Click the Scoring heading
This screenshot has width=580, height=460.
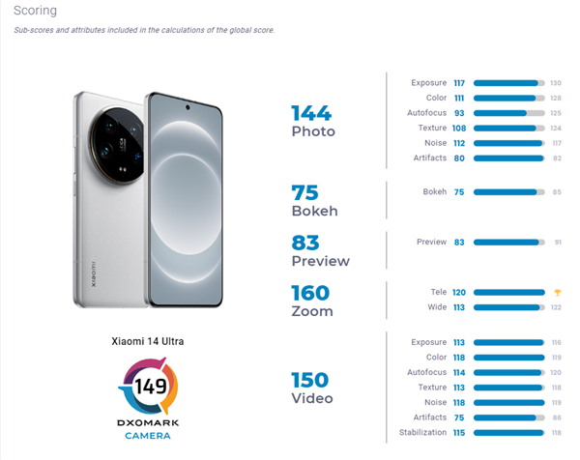pos(35,11)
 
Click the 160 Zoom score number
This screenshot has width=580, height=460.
pos(310,293)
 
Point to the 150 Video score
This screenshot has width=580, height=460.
pos(310,380)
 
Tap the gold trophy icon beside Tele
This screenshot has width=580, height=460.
pos(556,292)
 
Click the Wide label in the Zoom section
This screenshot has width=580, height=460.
pos(437,307)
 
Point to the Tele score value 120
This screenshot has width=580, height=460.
pos(459,292)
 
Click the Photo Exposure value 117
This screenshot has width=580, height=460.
pos(459,82)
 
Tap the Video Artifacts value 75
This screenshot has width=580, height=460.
pos(459,417)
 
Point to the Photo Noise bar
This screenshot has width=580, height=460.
pos(508,142)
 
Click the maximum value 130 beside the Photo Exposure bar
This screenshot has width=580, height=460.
pos(556,82)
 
